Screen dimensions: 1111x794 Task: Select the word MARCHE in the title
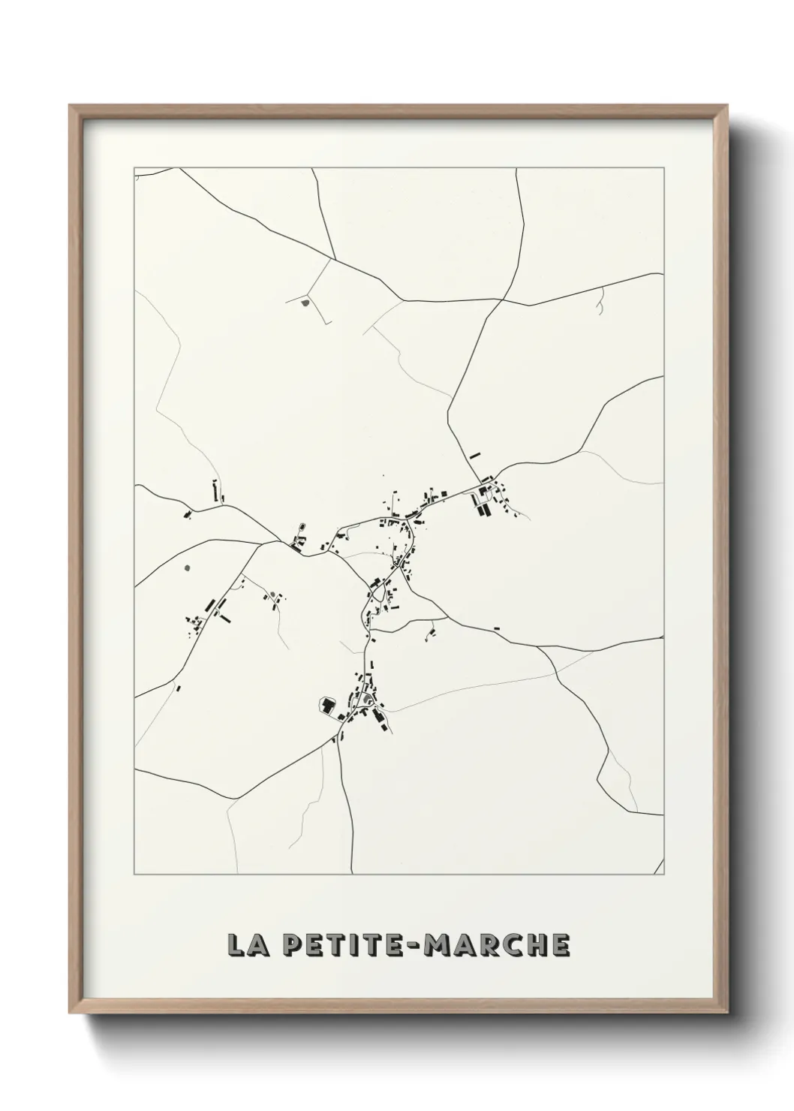coord(500,946)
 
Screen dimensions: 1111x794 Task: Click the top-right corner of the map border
coord(664,167)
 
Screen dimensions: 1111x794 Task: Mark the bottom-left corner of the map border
coord(135,875)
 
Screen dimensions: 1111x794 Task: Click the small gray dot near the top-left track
coord(305,303)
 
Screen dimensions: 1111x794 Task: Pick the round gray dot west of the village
coord(187,568)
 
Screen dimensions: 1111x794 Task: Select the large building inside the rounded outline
coord(327,706)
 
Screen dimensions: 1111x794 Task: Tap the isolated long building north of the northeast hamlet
coord(474,454)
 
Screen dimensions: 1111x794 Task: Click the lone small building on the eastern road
coord(496,628)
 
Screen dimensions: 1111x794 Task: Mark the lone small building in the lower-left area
coord(179,688)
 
